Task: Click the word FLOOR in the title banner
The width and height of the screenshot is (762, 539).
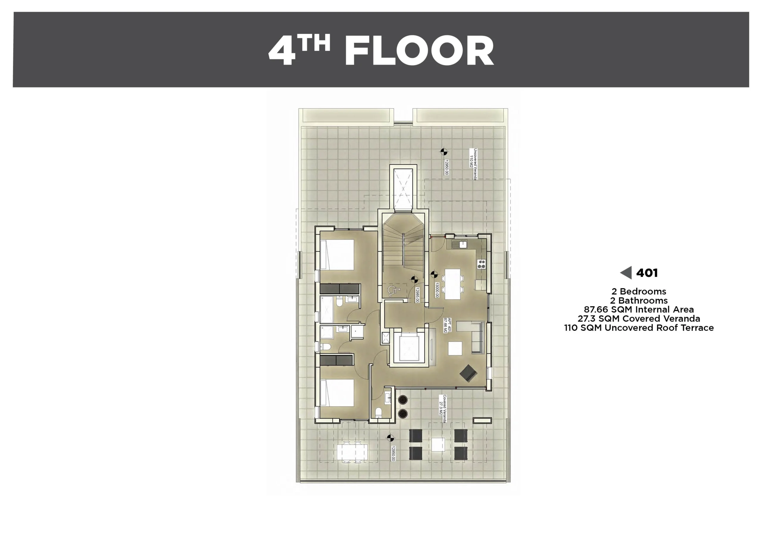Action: point(419,51)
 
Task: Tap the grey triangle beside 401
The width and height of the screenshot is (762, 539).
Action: point(626,273)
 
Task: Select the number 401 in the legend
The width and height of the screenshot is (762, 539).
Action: point(647,273)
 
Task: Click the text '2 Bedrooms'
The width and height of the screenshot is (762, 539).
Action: point(639,292)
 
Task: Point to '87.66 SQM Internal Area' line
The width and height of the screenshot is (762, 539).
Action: point(639,309)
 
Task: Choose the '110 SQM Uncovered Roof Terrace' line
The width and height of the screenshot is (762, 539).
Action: point(639,328)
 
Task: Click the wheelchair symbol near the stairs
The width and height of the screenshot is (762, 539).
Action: point(394,291)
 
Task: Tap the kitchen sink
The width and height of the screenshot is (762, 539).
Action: point(459,245)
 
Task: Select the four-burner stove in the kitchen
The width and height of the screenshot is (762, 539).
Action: point(481,264)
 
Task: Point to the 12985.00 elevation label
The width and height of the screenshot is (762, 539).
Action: point(417,295)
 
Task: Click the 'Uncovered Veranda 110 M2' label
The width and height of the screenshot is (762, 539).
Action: point(473,164)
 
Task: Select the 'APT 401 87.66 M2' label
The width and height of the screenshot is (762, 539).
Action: point(447,325)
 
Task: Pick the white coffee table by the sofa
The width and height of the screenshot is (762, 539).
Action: point(455,348)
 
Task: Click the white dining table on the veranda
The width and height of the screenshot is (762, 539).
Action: point(352,452)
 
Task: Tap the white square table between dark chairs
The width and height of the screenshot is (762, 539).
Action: point(438,445)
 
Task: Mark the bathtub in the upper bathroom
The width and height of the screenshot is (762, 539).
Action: point(327,309)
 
